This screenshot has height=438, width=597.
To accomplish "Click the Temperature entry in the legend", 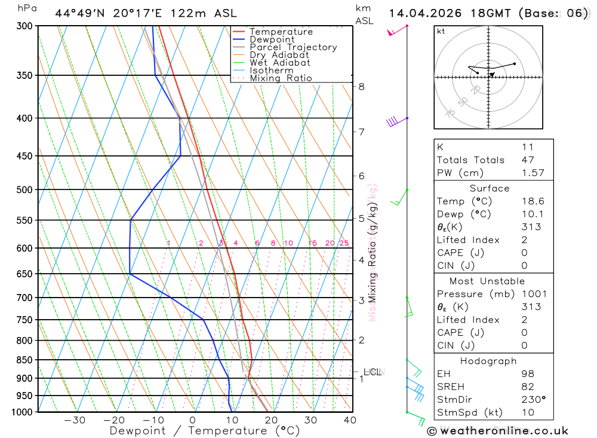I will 281,32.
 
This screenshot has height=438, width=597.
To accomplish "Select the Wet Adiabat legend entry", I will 279,63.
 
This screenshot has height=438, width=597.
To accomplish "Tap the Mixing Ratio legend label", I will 281,78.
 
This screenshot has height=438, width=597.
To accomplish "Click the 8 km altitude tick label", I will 361,87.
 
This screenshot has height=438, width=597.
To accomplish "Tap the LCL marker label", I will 371,372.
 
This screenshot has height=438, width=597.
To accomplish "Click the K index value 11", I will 527,147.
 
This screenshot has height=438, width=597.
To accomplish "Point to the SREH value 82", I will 527,387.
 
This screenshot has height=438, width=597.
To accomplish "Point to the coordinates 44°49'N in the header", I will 80,13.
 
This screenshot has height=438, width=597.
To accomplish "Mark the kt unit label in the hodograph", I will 441,32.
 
